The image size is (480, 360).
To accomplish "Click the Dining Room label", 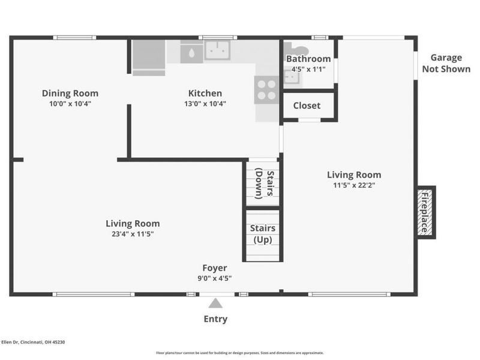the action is click(70, 93).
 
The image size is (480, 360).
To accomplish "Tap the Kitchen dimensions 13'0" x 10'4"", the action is click(205, 104).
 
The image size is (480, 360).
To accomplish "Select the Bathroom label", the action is click(308, 58).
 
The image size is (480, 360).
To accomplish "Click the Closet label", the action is click(307, 106).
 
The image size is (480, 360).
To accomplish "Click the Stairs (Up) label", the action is click(263, 234).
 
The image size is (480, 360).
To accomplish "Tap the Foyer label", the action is click(215, 268).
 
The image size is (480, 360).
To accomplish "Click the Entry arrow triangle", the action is click(215, 303).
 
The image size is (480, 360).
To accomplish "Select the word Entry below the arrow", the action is click(215, 319).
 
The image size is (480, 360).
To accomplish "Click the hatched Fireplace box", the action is click(425, 212).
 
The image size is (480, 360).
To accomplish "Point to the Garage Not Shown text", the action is click(446, 64).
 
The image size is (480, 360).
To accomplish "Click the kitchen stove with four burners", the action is click(266, 90).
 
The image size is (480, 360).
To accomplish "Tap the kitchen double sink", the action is click(217, 50).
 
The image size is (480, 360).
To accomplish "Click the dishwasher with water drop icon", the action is click(191, 53).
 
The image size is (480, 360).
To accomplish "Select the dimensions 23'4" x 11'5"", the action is click(133, 234).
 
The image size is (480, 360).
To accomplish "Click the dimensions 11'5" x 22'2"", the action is click(354, 185).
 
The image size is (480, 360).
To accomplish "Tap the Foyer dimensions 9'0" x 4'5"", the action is click(215, 278).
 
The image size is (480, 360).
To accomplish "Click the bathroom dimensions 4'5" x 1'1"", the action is click(308, 69).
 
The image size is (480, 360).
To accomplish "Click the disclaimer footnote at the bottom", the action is click(239, 353).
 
